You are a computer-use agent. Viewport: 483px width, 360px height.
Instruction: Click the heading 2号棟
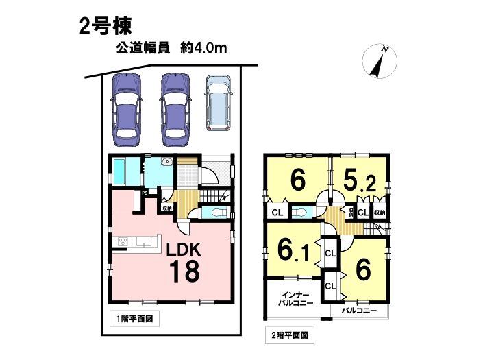pos(106,26)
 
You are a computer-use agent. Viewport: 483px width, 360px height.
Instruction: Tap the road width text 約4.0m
pos(203,48)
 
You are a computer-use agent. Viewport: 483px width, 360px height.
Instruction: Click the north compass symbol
pos(380,61)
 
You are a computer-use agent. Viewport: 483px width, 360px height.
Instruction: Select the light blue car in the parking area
pos(219,104)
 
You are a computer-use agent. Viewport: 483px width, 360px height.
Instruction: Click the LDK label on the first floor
pos(184,250)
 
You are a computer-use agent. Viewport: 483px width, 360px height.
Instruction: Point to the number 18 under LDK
pos(184,271)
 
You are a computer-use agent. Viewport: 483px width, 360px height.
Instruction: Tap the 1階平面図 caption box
pos(134,319)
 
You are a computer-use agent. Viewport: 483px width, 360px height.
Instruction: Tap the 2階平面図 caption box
pos(290,335)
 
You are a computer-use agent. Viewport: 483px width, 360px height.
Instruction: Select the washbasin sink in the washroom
pos(168,161)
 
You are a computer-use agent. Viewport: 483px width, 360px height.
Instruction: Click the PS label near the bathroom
pos(145,193)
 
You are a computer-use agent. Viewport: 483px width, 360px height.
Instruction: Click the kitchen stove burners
pos(123,241)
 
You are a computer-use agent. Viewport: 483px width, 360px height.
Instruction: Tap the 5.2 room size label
pos(359,182)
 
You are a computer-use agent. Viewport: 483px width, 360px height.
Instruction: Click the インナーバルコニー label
pos(295,299)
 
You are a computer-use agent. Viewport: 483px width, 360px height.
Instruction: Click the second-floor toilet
pos(299,213)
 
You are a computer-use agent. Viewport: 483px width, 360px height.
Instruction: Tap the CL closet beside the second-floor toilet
pos(277,213)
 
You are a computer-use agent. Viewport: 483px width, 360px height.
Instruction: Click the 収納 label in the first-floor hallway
pos(166,208)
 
